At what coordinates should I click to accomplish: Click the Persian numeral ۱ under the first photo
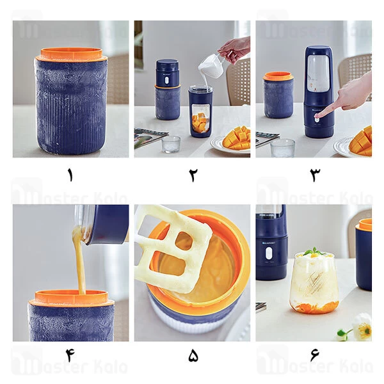pyautogui.click(x=70, y=174)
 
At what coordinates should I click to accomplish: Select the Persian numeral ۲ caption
pyautogui.click(x=192, y=174)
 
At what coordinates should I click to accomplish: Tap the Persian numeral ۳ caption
pyautogui.click(x=314, y=174)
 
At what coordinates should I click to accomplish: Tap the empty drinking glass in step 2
pyautogui.click(x=171, y=144)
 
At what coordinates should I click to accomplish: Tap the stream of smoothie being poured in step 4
pyautogui.click(x=79, y=262)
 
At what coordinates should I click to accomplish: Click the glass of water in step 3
pyautogui.click(x=282, y=148)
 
